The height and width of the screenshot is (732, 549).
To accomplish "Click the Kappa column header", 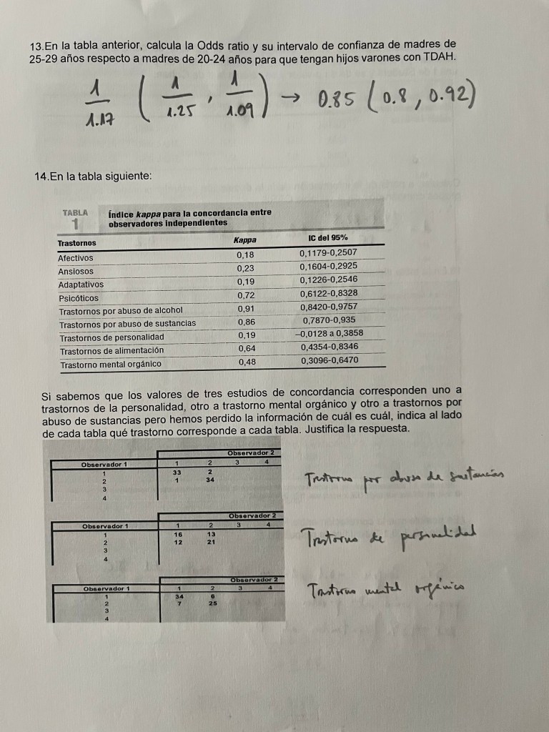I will (x=245, y=239).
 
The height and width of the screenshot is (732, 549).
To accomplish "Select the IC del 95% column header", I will (x=330, y=238).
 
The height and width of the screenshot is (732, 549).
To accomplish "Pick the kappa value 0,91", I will (x=246, y=309).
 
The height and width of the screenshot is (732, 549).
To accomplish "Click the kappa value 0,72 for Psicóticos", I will (x=246, y=295).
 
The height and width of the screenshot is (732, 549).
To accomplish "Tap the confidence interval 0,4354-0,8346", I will (x=330, y=347).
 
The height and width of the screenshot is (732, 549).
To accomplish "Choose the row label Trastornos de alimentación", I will (x=112, y=350).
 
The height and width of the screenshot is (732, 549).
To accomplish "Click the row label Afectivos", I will (x=76, y=257).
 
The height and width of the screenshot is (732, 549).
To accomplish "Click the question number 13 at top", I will (x=36, y=45).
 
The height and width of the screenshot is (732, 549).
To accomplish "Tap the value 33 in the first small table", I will (x=175, y=472).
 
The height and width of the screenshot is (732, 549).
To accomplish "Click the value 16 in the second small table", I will (x=175, y=534).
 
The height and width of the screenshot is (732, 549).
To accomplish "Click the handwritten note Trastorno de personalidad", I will (x=390, y=535).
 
